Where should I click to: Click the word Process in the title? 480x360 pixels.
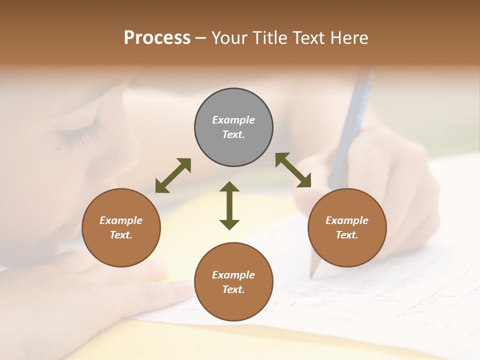click(x=157, y=38)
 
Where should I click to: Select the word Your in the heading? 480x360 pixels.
click(x=229, y=38)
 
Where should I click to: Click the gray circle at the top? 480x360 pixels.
click(x=233, y=105)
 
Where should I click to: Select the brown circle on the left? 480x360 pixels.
click(x=121, y=250)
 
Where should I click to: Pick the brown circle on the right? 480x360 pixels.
click(x=347, y=250)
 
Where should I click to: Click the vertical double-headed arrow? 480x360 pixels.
click(x=229, y=205)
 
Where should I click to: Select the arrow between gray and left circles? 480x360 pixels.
click(x=173, y=175)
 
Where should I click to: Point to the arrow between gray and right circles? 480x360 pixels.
click(x=293, y=170)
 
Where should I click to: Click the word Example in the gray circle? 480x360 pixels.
click(x=233, y=120)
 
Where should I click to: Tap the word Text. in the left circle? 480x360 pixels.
click(x=121, y=235)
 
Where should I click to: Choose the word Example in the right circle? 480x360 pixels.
click(x=347, y=220)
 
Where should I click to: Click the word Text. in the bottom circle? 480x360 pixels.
click(x=233, y=289)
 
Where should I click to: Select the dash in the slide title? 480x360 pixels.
click(x=200, y=38)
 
